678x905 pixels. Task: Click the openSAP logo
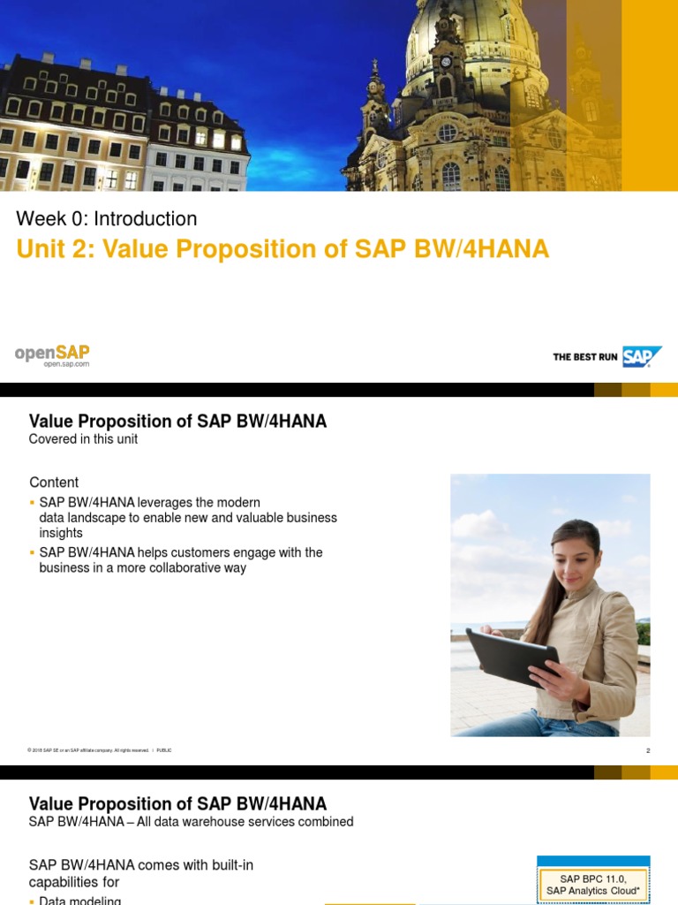coord(52,354)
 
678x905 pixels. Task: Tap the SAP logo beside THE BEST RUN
coord(642,357)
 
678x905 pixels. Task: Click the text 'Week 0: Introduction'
coord(107,218)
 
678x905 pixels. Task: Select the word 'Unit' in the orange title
coord(40,250)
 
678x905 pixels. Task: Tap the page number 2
coord(648,750)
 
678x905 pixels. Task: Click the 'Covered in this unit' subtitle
coord(83,439)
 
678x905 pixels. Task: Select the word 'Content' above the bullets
coord(54,483)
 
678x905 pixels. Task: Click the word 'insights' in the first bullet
coord(61,533)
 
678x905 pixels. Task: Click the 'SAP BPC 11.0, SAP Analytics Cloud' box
coord(592,884)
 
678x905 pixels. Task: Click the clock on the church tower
coord(446,62)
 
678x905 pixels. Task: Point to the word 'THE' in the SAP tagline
coord(562,357)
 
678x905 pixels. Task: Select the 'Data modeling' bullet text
coord(80,901)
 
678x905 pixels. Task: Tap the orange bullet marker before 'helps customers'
coord(33,552)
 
